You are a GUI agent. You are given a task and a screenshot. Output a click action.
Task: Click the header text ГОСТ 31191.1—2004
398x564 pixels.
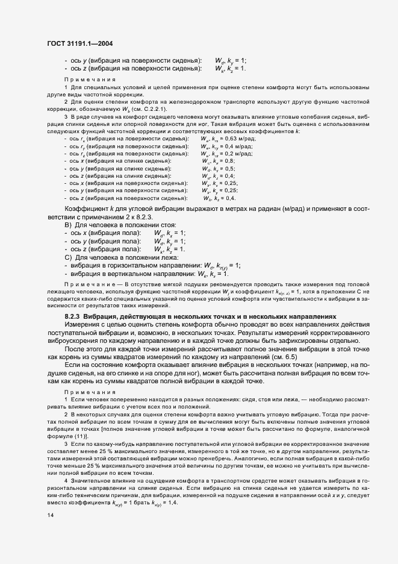(79, 43)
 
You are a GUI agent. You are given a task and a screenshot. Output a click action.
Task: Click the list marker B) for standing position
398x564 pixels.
(68, 225)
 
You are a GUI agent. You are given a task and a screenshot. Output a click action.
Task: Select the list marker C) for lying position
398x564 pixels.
(68, 257)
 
